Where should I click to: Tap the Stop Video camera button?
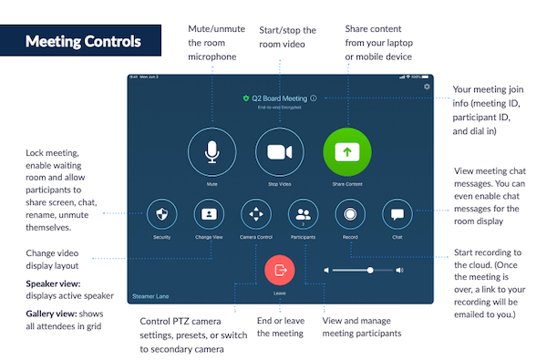278,151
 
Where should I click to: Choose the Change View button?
209,215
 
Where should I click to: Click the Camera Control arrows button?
255,215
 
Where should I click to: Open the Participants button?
302,215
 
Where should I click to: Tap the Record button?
349,215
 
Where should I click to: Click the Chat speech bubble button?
397,215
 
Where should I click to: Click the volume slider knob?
370,271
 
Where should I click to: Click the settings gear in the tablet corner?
427,87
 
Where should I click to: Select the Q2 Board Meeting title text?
279,98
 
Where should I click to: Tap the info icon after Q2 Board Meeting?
313,98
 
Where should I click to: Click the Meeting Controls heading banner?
83,42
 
